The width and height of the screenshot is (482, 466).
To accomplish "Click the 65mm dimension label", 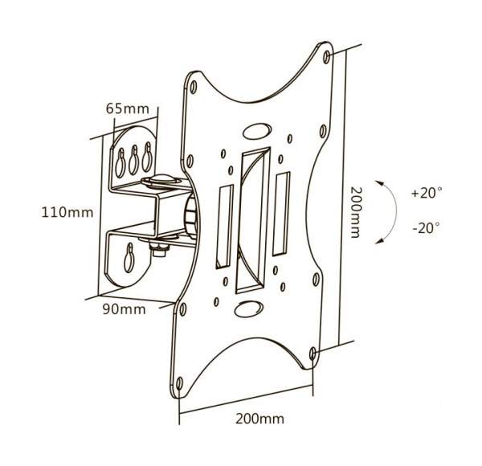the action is point(127,108).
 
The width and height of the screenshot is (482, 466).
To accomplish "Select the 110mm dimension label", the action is point(67,212).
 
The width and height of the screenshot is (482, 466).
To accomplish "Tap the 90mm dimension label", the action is point(125,309).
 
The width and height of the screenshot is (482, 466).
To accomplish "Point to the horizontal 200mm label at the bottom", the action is point(259,419).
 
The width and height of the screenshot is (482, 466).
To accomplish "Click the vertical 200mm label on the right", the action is point(355,212).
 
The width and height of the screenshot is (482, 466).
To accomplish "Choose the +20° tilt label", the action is point(427,193).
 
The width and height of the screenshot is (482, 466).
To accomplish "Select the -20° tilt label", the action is point(427,228).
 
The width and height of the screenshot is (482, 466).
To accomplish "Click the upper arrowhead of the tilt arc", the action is point(379,183).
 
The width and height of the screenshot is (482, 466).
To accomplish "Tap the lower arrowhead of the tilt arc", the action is point(379,241).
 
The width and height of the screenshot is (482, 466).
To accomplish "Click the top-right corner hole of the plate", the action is point(327,57).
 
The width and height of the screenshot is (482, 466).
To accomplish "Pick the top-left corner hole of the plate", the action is point(194,87).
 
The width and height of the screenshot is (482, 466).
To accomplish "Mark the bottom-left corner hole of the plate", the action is point(179,383).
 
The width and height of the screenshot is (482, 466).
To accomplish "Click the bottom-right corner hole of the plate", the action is point(313,354).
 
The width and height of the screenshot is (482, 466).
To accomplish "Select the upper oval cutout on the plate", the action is point(257,131).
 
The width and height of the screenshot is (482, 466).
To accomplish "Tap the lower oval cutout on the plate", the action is point(249,309).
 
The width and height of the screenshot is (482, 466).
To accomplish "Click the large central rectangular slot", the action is point(252,220).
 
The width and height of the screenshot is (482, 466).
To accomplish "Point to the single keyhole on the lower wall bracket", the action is point(129,258).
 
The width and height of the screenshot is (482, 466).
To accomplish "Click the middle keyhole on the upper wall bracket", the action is point(133,160).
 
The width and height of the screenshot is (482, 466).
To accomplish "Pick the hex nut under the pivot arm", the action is point(160,249).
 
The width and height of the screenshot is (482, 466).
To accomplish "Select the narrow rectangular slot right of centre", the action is point(281,214).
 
